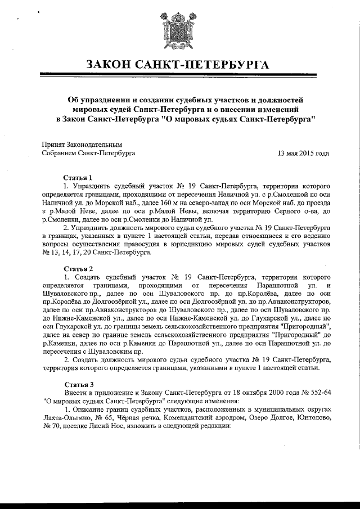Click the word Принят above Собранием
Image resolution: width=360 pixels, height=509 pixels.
[54, 145]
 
